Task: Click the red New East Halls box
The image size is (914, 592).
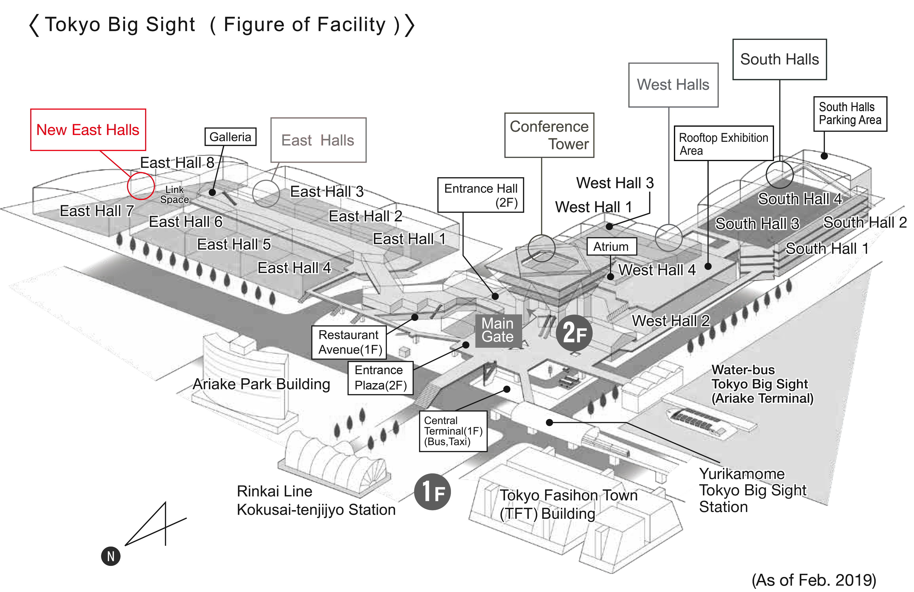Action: (88, 130)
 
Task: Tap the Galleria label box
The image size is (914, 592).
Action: (230, 137)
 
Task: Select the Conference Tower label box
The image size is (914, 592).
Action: (549, 135)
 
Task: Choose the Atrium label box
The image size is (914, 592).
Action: (611, 246)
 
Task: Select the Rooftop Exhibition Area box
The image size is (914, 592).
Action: (723, 143)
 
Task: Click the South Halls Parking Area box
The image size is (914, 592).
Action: (850, 114)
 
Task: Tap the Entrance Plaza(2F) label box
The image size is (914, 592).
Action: (380, 378)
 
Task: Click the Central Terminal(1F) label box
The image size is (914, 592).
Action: (453, 431)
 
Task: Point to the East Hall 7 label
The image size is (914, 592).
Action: (97, 211)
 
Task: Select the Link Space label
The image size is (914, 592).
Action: (174, 195)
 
